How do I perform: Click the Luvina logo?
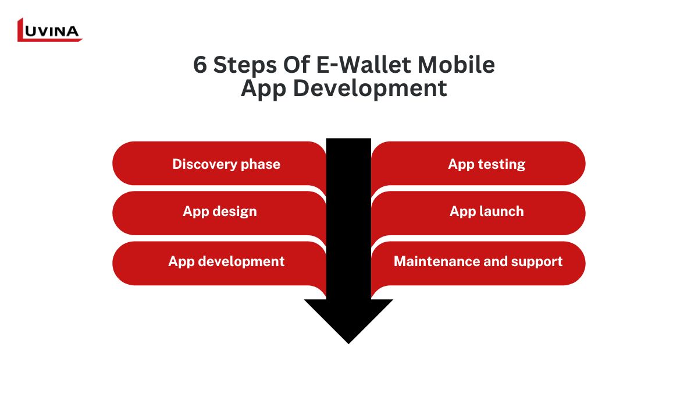click(x=50, y=30)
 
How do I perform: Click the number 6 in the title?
click(x=200, y=65)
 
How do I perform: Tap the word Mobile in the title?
click(x=456, y=65)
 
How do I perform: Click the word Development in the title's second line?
click(x=370, y=88)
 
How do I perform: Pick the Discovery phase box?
click(x=219, y=164)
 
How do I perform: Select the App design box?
click(x=219, y=213)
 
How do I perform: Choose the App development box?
click(x=219, y=263)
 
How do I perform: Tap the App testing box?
click(x=478, y=164)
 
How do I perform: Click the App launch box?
click(x=478, y=213)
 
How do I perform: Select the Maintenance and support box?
click(x=478, y=263)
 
